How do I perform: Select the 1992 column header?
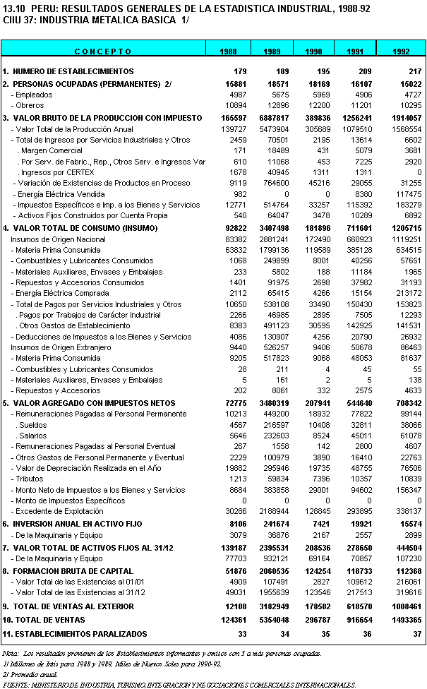(402, 52)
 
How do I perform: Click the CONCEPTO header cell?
(103, 52)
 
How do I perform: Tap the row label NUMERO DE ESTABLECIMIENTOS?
(73, 71)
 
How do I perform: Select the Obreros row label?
(28, 106)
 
